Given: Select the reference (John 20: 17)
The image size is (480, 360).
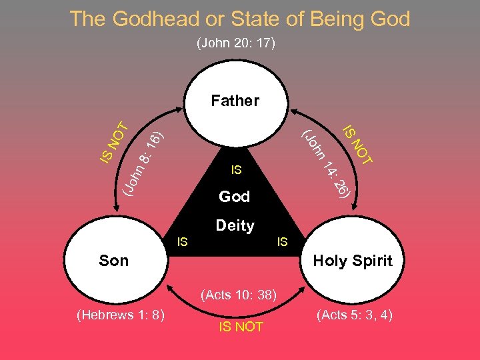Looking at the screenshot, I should point(236,44).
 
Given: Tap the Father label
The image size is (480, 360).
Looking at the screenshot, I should point(235,101).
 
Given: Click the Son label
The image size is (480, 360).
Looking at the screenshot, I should point(113,261).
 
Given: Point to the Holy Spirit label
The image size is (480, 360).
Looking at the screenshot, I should point(353,261).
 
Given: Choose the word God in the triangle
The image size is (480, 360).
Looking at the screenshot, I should point(235,197).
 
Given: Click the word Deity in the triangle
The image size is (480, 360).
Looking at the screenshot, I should point(235,226).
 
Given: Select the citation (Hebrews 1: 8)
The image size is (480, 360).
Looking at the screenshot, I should point(121,315).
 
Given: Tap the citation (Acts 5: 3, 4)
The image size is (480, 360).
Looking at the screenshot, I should point(354,315).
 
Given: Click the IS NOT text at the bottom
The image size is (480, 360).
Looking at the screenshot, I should point(241,327).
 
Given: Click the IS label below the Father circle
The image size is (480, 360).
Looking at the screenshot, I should point(235,171).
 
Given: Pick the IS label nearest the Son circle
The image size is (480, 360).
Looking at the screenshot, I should point(182,241).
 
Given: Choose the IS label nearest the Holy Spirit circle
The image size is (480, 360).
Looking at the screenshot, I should point(282,241).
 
